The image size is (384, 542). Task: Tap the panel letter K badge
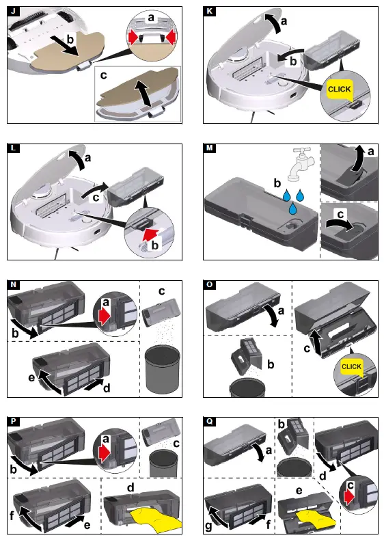click(x=210, y=12)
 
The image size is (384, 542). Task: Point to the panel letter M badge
click(x=210, y=148)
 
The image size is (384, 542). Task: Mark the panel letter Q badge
click(x=210, y=420)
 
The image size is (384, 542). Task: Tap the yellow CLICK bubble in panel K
click(x=340, y=89)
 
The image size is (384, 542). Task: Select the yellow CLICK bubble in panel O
click(x=351, y=367)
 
